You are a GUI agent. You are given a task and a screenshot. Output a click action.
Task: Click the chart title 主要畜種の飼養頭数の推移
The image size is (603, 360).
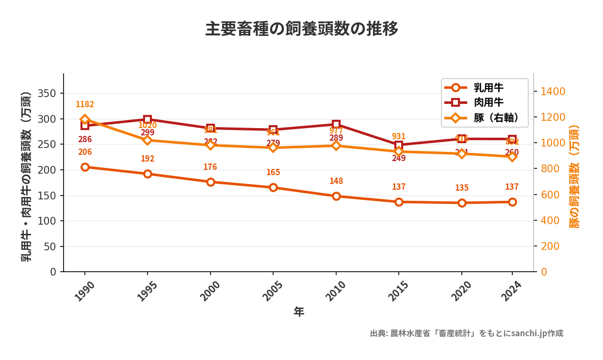[x=301, y=29]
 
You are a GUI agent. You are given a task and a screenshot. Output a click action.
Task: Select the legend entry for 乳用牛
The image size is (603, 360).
[x=488, y=88]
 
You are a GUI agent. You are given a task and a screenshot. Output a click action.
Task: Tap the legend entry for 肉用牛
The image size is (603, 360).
[x=488, y=102]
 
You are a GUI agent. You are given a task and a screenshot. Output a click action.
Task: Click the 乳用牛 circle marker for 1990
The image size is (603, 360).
[x=85, y=167]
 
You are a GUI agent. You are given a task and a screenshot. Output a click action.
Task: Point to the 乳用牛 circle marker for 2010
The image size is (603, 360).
[x=336, y=196]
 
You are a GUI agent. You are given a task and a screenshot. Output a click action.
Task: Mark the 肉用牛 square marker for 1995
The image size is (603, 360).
[x=147, y=119]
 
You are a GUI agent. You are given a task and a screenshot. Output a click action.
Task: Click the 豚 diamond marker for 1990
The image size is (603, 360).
[x=85, y=119]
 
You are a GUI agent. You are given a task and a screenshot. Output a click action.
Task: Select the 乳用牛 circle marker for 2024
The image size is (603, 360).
[x=512, y=202]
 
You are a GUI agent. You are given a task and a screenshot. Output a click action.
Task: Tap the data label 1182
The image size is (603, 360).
[x=85, y=104]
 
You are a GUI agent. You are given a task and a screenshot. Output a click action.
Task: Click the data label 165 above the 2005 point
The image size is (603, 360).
[x=273, y=172]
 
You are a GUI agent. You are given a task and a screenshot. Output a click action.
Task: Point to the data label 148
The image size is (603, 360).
[x=336, y=181]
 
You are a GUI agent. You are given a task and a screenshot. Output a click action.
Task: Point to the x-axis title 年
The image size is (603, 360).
[x=299, y=312]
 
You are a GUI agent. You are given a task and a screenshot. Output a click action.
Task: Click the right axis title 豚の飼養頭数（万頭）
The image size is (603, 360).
[x=574, y=177]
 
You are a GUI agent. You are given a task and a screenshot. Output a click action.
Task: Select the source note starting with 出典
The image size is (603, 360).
[x=466, y=333]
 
